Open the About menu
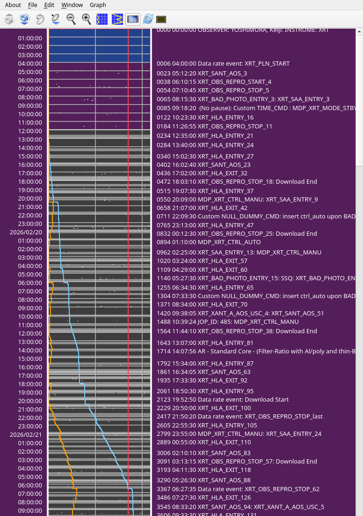(x=13, y=5)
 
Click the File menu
(x=32, y=5)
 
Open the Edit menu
(x=49, y=5)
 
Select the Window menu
(x=72, y=5)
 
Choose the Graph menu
(x=98, y=5)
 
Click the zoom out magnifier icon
(x=71, y=19)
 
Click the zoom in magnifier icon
(x=87, y=19)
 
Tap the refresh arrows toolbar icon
(x=148, y=19)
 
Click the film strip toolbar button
(x=133, y=19)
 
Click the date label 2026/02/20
(x=26, y=232)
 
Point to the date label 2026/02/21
(x=26, y=434)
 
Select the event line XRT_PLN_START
(x=223, y=64)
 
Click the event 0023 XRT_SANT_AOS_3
(x=202, y=74)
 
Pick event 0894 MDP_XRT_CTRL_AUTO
(x=209, y=242)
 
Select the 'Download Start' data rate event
(x=223, y=400)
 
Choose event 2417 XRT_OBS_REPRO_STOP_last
(x=240, y=417)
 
